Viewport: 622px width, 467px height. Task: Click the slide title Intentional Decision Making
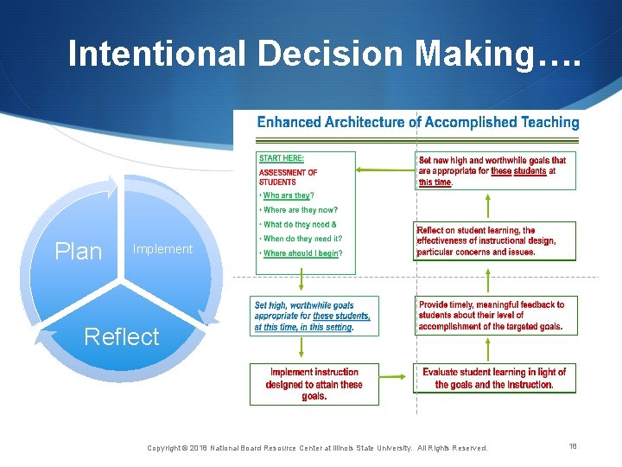pyautogui.click(x=325, y=54)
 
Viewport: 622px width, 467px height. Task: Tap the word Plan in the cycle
pyautogui.click(x=78, y=252)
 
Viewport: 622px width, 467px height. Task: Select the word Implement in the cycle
pyautogui.click(x=162, y=249)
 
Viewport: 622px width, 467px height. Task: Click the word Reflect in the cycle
pyautogui.click(x=122, y=336)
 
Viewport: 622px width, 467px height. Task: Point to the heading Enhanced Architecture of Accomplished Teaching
pyautogui.click(x=418, y=123)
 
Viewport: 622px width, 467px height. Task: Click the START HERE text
pyautogui.click(x=282, y=159)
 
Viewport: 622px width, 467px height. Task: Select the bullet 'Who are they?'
pyautogui.click(x=289, y=196)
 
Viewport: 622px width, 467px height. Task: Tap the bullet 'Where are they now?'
pyautogui.click(x=300, y=210)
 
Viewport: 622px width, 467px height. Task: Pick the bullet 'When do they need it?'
pyautogui.click(x=302, y=239)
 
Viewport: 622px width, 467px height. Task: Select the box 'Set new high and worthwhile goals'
pyautogui.click(x=492, y=171)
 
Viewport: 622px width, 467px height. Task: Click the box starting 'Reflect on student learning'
pyautogui.click(x=486, y=241)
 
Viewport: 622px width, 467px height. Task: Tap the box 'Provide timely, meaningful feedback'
pyautogui.click(x=491, y=316)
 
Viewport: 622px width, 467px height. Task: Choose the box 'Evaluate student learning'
pyautogui.click(x=494, y=378)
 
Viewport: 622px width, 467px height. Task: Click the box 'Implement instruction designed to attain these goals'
pyautogui.click(x=314, y=384)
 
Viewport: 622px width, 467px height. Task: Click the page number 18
pyautogui.click(x=573, y=446)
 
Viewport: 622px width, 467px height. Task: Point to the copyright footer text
pyautogui.click(x=317, y=448)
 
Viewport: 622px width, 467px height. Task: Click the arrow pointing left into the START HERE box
pyautogui.click(x=384, y=170)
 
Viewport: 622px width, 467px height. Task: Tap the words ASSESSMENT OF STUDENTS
pyautogui.click(x=288, y=177)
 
